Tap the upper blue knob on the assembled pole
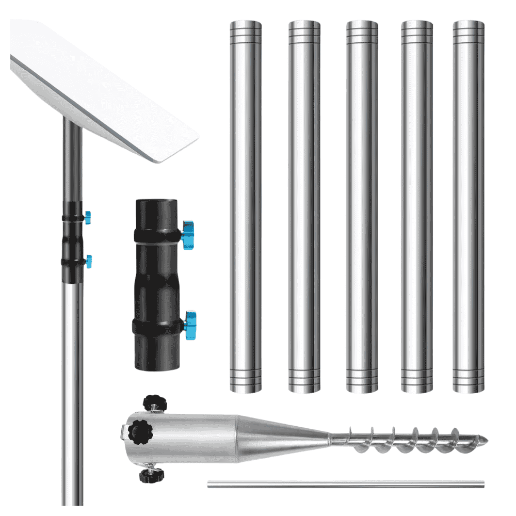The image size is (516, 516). coord(88,217)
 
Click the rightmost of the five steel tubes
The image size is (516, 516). coord(468,206)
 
